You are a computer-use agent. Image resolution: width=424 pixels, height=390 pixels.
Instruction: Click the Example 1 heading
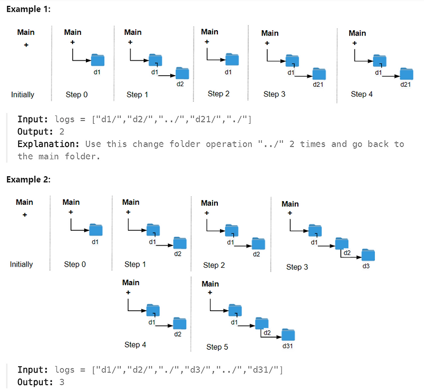[29, 9]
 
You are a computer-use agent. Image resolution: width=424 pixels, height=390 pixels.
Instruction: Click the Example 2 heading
[29, 179]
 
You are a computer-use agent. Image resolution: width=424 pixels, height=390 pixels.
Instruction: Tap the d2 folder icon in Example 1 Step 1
[182, 73]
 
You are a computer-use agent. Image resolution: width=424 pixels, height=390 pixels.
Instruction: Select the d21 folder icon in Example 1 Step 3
[319, 74]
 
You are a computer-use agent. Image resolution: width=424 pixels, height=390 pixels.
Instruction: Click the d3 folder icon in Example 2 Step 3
[368, 255]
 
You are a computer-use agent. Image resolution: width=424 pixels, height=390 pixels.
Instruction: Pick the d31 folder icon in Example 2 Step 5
[288, 334]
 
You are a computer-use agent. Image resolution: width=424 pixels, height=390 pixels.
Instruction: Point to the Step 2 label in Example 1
[218, 94]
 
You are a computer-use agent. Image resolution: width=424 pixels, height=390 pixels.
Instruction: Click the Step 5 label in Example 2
[217, 347]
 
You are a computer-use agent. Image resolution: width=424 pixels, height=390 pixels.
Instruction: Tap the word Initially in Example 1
[23, 95]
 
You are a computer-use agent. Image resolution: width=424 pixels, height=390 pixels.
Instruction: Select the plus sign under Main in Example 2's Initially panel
[25, 215]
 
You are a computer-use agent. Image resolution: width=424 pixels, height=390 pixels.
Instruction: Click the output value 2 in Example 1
[61, 132]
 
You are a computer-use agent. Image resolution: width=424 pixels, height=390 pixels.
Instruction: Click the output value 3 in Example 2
[61, 382]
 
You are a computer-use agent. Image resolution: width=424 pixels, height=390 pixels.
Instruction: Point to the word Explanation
[48, 144]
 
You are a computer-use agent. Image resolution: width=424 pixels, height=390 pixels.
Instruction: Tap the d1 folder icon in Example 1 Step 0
[98, 60]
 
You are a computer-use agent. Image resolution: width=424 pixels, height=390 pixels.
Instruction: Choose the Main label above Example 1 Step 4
[357, 33]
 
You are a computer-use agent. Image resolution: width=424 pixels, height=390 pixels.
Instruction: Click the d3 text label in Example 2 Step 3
[366, 266]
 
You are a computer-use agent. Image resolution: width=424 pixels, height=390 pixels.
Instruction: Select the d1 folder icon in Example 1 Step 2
[232, 59]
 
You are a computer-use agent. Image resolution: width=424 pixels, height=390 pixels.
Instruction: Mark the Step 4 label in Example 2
[135, 344]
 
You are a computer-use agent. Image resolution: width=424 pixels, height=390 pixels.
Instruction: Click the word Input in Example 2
[33, 370]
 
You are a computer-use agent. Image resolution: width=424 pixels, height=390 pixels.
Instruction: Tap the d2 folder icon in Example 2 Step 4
[180, 323]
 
